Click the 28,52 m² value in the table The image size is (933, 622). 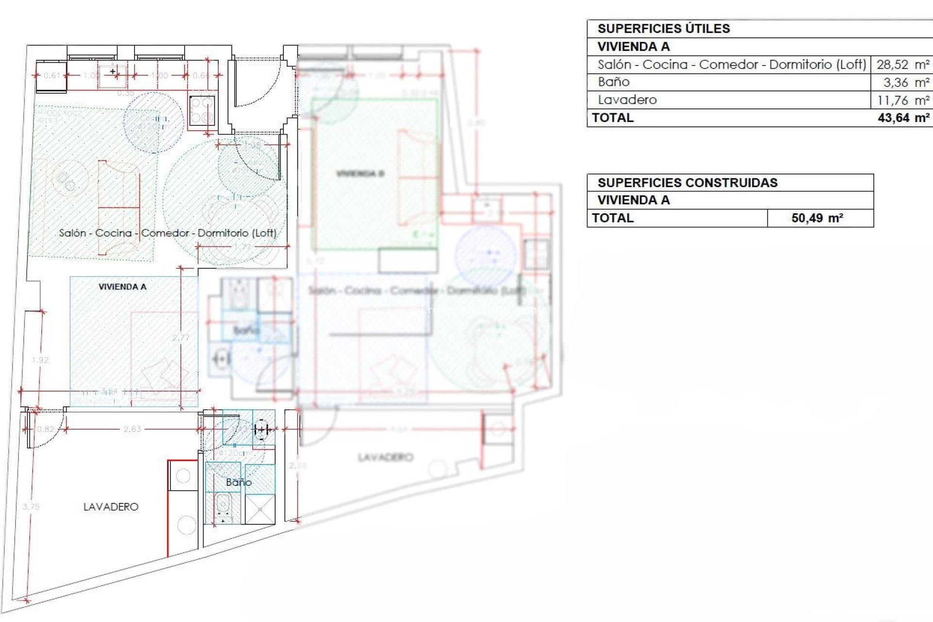(x=902, y=65)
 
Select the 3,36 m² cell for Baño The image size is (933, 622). (x=906, y=83)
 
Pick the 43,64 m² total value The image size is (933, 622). (x=903, y=118)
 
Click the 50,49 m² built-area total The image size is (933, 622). (x=817, y=218)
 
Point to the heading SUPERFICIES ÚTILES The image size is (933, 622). (x=663, y=29)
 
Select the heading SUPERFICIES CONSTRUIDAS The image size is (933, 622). (x=687, y=183)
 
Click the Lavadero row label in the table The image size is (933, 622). (x=627, y=100)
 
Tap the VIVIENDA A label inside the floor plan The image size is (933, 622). (x=122, y=287)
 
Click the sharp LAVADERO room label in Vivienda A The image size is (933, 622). (x=111, y=507)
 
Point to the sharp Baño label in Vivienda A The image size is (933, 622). (x=239, y=483)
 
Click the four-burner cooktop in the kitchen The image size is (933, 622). (x=202, y=111)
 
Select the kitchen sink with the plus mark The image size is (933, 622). (x=113, y=75)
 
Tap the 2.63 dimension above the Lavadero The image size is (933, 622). (x=132, y=429)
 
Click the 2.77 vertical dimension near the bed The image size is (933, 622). (x=180, y=338)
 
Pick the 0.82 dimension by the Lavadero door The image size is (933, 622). (x=46, y=429)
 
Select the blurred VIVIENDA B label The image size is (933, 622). (x=360, y=173)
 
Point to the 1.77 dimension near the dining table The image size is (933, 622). (x=242, y=247)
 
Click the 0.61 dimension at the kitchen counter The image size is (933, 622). (x=52, y=75)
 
